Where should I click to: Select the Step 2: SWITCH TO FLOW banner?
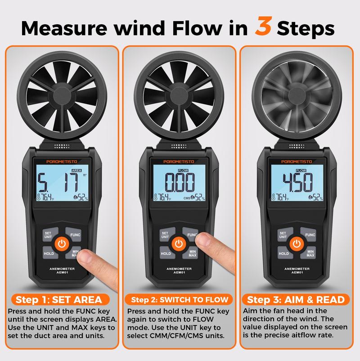[180, 299]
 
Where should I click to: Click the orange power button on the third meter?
[297, 244]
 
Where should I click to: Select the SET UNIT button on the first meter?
[48, 234]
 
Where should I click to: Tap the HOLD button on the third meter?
[283, 254]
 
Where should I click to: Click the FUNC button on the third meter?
[310, 235]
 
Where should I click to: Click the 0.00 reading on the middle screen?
[179, 183]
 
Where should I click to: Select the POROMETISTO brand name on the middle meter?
[179, 161]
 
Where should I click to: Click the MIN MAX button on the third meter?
[310, 254]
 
